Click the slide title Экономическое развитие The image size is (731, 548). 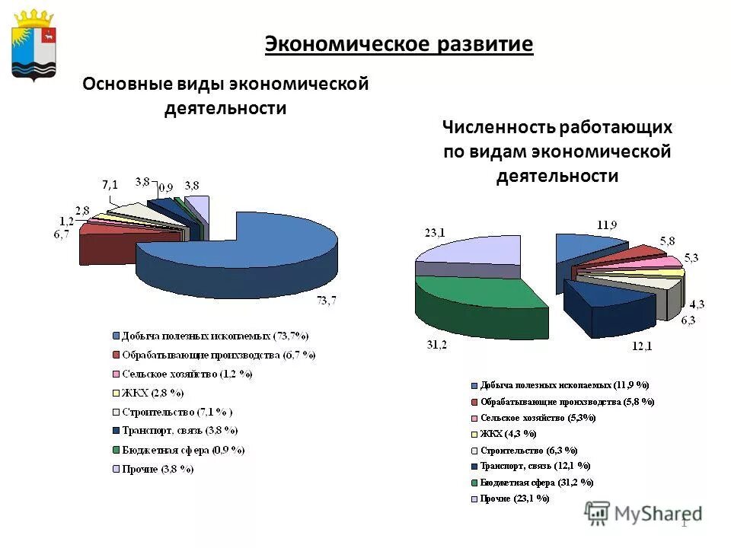[399, 43]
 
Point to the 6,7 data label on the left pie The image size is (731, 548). [62, 234]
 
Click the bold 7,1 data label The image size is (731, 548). [110, 185]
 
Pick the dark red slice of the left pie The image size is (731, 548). [103, 247]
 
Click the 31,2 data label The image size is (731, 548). [436, 344]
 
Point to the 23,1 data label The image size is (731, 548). [434, 233]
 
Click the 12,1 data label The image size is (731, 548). [642, 347]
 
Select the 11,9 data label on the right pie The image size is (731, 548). [606, 225]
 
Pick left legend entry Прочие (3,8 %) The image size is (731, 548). [155, 469]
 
